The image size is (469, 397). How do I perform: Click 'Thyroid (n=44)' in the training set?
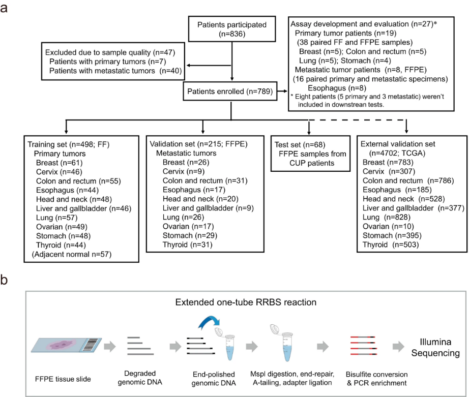click(x=61, y=243)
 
